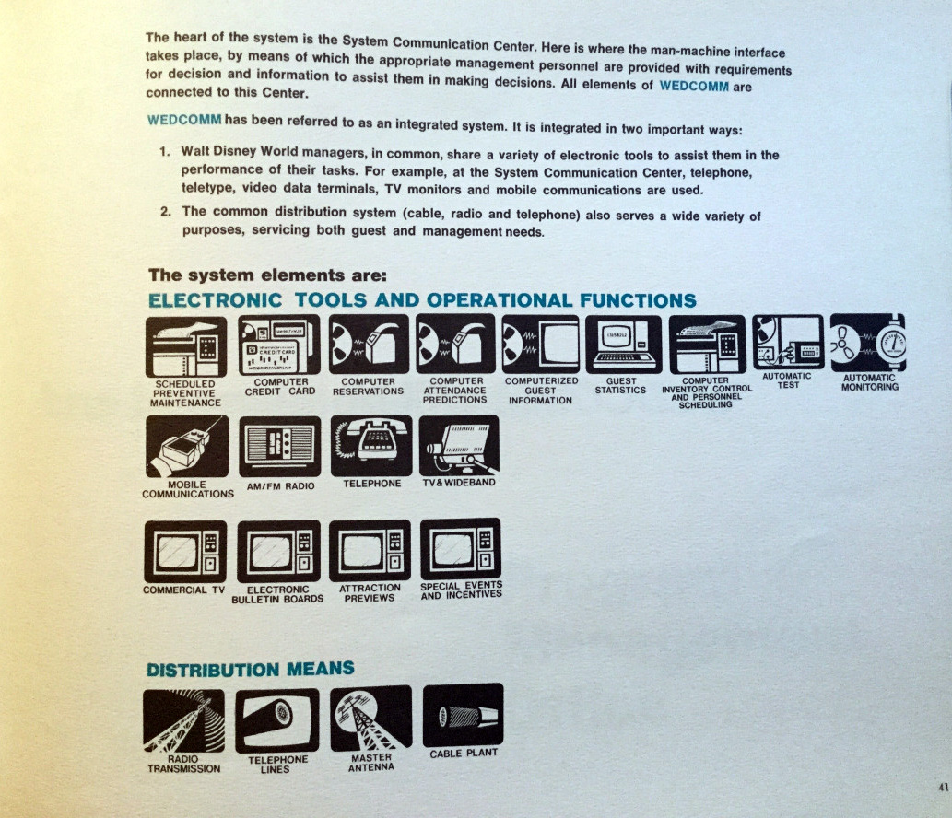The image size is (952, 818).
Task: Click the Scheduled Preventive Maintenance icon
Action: [185, 345]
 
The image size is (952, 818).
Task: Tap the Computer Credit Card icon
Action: [279, 345]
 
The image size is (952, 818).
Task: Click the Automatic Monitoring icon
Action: [867, 342]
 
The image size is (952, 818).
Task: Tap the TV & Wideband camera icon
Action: [459, 445]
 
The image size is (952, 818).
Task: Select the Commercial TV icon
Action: [185, 550]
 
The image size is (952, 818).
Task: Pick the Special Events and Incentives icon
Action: [460, 548]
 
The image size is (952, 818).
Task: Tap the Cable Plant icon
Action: [463, 715]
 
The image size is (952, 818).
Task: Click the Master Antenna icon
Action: [370, 718]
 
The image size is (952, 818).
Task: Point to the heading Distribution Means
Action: [250, 669]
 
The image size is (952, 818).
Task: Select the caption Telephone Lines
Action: [277, 765]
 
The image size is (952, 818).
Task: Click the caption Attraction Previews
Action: [370, 592]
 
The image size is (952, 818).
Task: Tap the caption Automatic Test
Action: [787, 380]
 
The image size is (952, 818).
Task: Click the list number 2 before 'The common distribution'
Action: [164, 212]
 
